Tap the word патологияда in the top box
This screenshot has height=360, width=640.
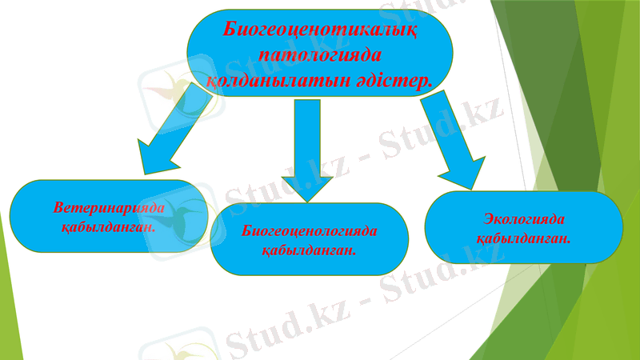pyautogui.click(x=319, y=55)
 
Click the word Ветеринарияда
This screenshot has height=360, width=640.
pyautogui.click(x=109, y=208)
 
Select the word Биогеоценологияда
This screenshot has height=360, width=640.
pyautogui.click(x=309, y=231)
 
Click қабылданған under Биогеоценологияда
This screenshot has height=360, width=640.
pyautogui.click(x=309, y=250)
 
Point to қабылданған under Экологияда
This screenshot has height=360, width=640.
pyautogui.click(x=524, y=238)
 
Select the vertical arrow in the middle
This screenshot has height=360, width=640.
pyautogui.click(x=307, y=148)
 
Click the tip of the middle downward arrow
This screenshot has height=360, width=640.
pyautogui.click(x=307, y=199)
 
